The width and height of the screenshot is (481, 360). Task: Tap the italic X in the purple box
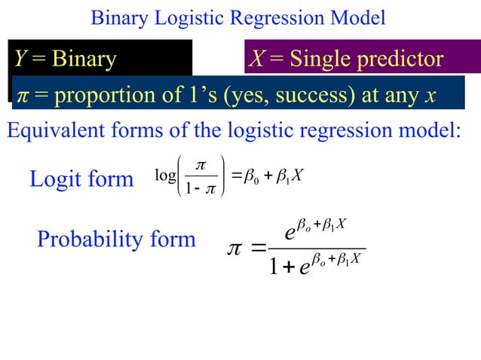[x=256, y=59]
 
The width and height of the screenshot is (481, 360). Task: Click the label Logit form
[x=81, y=180]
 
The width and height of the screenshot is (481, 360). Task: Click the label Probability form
[x=116, y=239]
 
